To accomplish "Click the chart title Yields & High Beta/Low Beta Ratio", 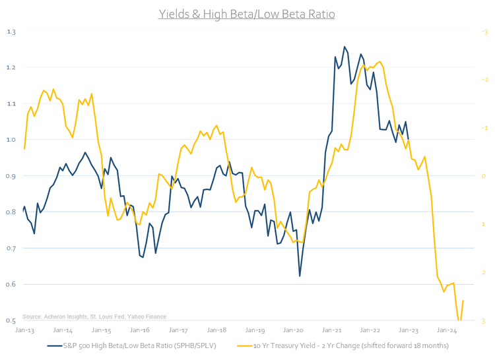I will pyautogui.click(x=246, y=13).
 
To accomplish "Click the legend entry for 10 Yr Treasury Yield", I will pyautogui.click(x=350, y=345).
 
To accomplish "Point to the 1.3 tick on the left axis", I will pyautogui.click(x=11, y=32).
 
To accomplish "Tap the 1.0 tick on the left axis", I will pyautogui.click(x=11, y=140).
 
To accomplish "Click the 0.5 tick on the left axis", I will pyautogui.click(x=11, y=320).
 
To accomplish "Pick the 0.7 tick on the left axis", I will pyautogui.click(x=11, y=248).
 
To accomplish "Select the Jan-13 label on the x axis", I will pyautogui.click(x=24, y=330).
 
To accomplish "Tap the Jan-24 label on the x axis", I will pyautogui.click(x=447, y=330).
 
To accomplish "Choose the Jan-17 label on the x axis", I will pyautogui.click(x=178, y=330).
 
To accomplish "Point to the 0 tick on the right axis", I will pyautogui.click(x=484, y=176).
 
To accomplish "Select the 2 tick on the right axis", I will pyautogui.click(x=484, y=272).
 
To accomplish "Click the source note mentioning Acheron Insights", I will pyautogui.click(x=94, y=316).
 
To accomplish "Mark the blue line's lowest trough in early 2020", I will pyautogui.click(x=300, y=276).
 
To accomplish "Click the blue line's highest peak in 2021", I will pyautogui.click(x=345, y=47).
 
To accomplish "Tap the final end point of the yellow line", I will pyautogui.click(x=463, y=301).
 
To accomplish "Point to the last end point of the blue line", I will pyautogui.click(x=409, y=140).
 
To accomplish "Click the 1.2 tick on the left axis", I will pyautogui.click(x=11, y=67).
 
